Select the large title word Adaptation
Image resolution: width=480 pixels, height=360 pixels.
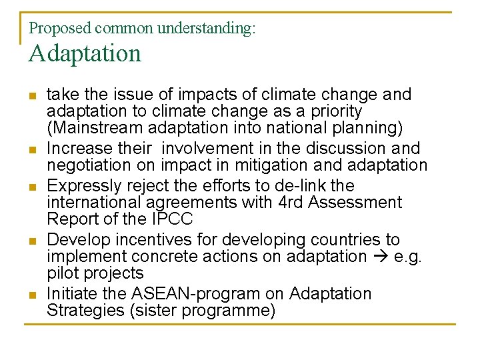point(85,53)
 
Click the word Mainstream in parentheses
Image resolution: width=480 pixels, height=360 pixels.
point(93,127)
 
